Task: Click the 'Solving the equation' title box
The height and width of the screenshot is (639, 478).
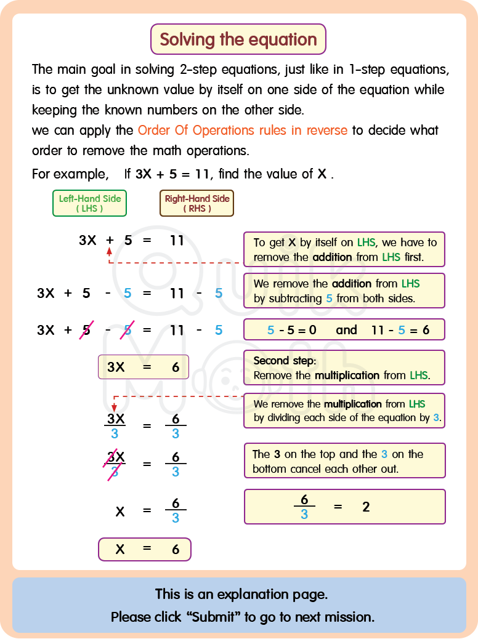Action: pos(238,39)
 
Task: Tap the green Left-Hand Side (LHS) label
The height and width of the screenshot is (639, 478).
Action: pos(89,203)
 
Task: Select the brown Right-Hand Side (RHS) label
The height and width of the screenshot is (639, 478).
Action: pos(196,203)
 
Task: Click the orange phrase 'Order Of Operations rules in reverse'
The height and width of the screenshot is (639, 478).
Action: pos(243,131)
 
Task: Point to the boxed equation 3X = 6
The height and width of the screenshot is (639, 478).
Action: pos(144,367)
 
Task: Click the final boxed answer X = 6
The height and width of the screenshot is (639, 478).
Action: pos(145,549)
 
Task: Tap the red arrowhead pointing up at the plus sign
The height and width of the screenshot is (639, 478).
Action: pos(110,251)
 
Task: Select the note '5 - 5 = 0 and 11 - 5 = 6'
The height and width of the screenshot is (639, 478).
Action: pos(344,330)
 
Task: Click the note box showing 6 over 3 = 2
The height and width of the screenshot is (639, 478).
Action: pos(344,507)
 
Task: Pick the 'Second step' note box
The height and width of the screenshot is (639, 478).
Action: pos(344,368)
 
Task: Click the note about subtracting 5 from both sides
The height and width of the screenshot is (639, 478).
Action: pos(344,291)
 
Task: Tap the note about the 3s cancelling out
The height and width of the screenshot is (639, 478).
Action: pos(344,461)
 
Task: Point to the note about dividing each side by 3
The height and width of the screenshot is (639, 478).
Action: pos(344,411)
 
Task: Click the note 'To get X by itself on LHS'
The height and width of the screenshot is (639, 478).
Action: pos(344,249)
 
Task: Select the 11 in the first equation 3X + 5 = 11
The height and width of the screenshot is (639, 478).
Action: pos(177,241)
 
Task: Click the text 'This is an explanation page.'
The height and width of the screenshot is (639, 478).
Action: pos(241,594)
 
